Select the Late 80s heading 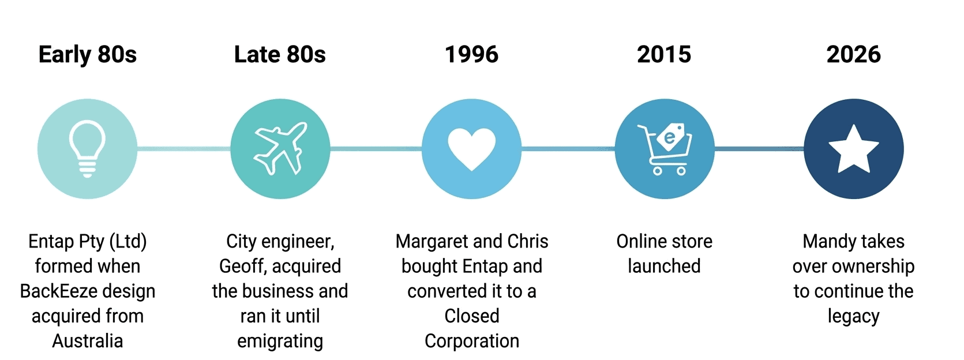[280, 54]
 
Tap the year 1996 [472, 54]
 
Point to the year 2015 [664, 54]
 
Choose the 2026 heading [853, 54]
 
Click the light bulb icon [87, 149]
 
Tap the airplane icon [280, 149]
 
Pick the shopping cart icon [665, 149]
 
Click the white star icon [854, 149]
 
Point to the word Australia [87, 341]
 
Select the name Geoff [243, 266]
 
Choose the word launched [664, 266]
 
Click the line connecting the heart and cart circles [568, 149]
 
